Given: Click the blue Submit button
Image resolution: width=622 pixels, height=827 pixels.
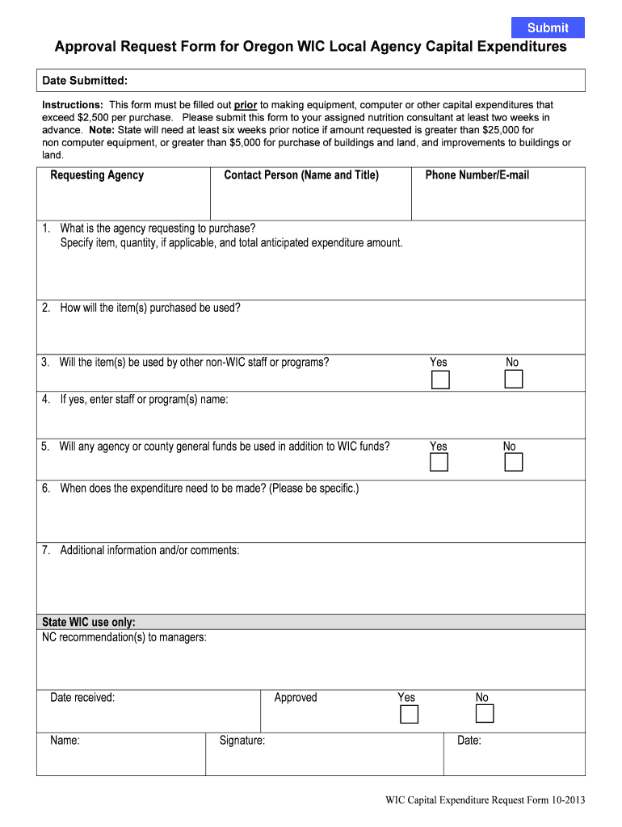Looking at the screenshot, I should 548,27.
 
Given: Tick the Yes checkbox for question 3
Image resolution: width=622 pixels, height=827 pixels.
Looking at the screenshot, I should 440,380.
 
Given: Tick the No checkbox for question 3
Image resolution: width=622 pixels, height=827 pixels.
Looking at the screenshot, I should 514,380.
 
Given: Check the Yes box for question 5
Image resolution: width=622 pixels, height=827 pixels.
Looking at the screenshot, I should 439,462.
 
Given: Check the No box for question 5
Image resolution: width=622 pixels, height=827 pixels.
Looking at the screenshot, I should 514,462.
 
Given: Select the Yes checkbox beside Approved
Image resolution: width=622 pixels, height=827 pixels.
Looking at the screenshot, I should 410,714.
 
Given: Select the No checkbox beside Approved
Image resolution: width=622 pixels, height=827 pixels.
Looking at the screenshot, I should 485,714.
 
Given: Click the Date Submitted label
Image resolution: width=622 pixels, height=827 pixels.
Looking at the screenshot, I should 85,81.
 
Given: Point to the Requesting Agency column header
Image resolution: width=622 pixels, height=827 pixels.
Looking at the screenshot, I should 97,175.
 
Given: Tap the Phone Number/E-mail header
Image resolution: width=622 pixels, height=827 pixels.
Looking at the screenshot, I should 477,175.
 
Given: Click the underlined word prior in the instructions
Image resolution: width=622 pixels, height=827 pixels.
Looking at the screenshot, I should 246,105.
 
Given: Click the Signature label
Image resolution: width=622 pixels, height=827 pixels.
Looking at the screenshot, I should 242,741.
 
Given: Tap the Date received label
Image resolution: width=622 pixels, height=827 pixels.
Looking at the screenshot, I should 82,698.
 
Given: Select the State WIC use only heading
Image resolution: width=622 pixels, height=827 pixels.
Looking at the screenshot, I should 89,622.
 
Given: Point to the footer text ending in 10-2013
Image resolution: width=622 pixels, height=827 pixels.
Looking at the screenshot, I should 485,801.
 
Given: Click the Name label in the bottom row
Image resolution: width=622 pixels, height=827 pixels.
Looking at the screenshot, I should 65,741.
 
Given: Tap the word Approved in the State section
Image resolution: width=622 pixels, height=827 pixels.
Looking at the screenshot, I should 296,698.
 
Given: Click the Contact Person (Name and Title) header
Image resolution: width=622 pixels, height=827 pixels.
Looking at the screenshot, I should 301,175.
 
